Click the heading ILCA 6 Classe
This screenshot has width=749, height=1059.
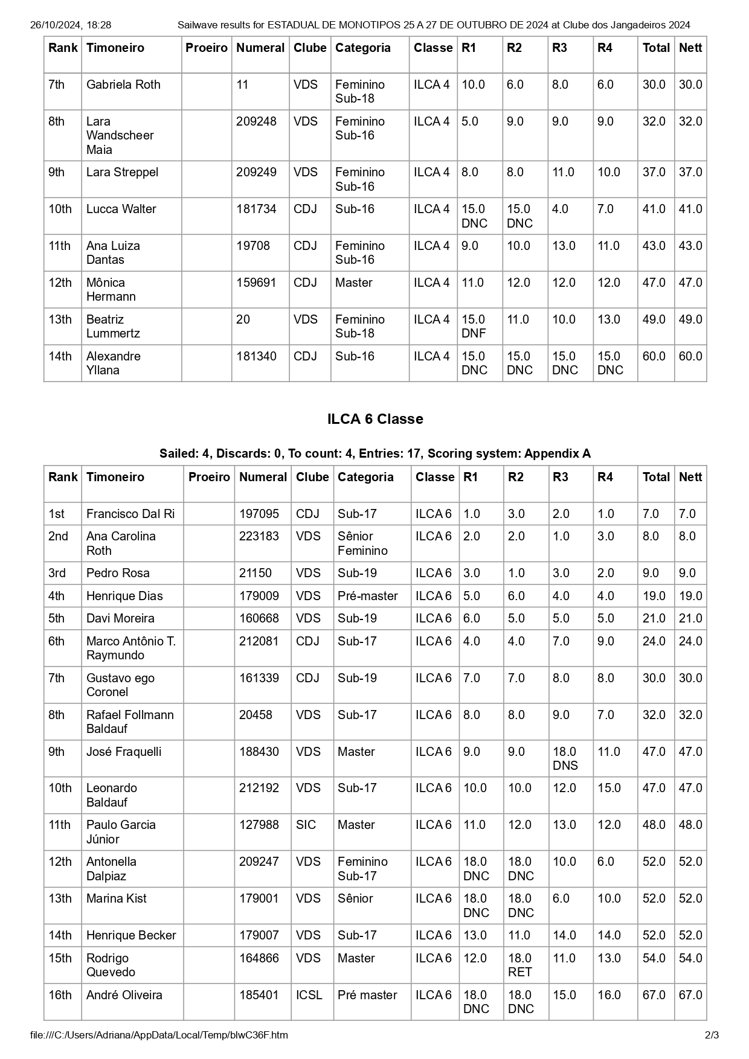click(x=374, y=419)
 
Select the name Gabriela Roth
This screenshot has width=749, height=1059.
click(x=123, y=85)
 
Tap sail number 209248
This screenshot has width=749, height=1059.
click(x=256, y=121)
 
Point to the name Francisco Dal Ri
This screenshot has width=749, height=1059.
click(x=130, y=514)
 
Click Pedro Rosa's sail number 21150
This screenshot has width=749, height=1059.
click(x=256, y=573)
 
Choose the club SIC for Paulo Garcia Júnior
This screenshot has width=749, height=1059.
click(x=306, y=825)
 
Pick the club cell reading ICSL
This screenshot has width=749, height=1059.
click(x=309, y=995)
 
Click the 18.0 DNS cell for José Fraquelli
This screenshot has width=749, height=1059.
click(x=565, y=758)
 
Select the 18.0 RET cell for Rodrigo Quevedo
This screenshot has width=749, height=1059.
click(x=520, y=965)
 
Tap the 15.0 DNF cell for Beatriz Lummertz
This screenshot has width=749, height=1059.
click(x=474, y=326)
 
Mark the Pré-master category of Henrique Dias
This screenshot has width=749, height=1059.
click(x=367, y=596)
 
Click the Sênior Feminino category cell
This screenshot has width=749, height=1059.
click(x=362, y=543)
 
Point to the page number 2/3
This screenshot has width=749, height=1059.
click(x=712, y=1035)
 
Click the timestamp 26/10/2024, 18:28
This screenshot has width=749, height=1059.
click(x=71, y=25)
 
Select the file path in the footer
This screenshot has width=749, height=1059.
click(x=159, y=1035)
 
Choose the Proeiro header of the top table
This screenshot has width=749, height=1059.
click(x=207, y=48)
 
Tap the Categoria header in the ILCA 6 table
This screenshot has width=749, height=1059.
click(x=365, y=477)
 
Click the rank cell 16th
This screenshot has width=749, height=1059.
click(x=60, y=995)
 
